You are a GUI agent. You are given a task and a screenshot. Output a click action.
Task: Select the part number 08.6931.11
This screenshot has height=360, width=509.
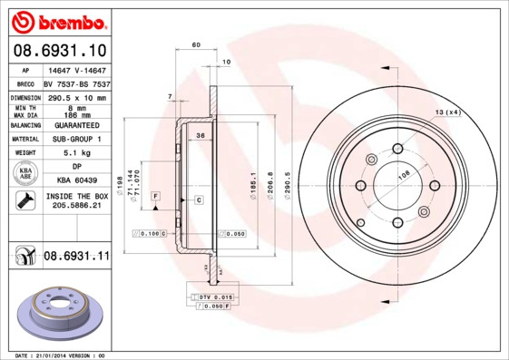tap(76, 258)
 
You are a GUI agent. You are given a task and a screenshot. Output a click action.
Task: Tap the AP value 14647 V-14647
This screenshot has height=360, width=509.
tap(75, 70)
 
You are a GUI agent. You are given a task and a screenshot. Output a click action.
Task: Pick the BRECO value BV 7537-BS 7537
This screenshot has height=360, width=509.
tap(75, 83)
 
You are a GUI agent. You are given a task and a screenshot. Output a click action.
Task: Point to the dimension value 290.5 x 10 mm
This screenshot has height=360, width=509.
tap(75, 97)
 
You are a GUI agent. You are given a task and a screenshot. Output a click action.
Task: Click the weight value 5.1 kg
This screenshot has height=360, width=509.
tap(75, 153)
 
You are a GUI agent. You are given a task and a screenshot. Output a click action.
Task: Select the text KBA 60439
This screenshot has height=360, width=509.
tap(75, 180)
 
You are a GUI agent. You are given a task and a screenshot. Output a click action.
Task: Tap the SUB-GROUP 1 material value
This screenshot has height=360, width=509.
tap(75, 139)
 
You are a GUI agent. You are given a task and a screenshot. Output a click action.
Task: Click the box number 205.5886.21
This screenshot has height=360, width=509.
tap(75, 206)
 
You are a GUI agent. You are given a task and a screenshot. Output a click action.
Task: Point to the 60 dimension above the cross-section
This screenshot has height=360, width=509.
tap(195, 44)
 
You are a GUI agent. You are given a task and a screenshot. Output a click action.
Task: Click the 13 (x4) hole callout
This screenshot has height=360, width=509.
tap(448, 112)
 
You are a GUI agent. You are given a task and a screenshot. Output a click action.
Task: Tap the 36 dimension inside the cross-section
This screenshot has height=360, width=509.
tap(200, 135)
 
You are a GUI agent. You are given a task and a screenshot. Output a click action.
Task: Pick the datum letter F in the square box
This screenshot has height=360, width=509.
tap(156, 196)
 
